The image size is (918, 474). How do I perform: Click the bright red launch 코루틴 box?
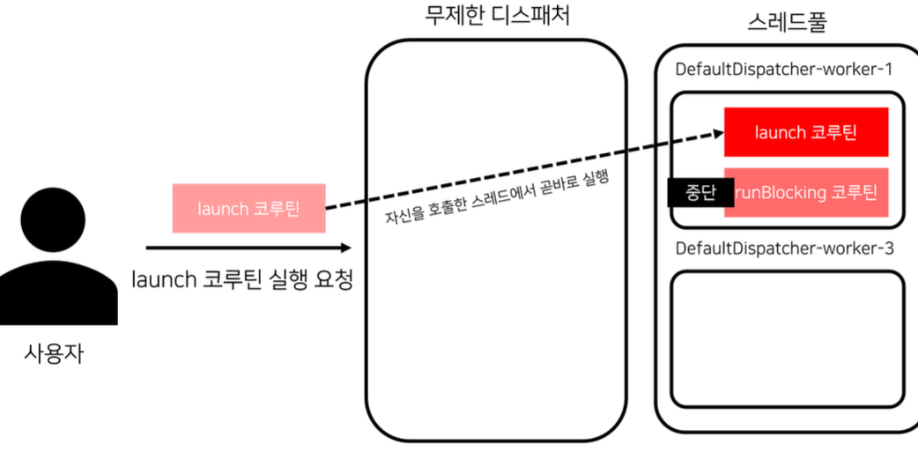coord(806,132)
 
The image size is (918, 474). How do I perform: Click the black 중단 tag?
coord(694,192)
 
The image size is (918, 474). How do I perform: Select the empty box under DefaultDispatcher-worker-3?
coord(788,338)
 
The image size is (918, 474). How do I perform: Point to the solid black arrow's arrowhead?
coord(344,248)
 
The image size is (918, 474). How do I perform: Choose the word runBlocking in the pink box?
coord(779,192)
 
